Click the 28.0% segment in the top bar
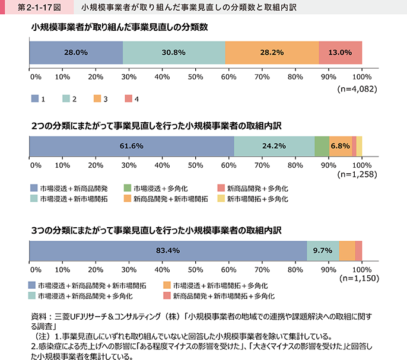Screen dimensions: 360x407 coord(76,52)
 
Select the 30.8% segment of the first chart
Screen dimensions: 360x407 coord(174,52)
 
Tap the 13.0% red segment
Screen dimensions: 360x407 coord(340,52)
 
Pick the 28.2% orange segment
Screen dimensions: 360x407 coord(272,52)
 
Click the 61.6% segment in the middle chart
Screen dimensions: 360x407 coord(132,146)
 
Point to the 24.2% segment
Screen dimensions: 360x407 coord(274,146)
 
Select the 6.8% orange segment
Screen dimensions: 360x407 coord(340,146)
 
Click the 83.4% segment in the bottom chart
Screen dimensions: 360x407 coord(168,250)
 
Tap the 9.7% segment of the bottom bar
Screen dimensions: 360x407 coord(323,250)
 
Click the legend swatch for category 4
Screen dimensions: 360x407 coord(128,98)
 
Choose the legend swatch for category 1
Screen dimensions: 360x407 coord(34,98)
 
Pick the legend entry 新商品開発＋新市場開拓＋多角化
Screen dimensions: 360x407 coord(215,295)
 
